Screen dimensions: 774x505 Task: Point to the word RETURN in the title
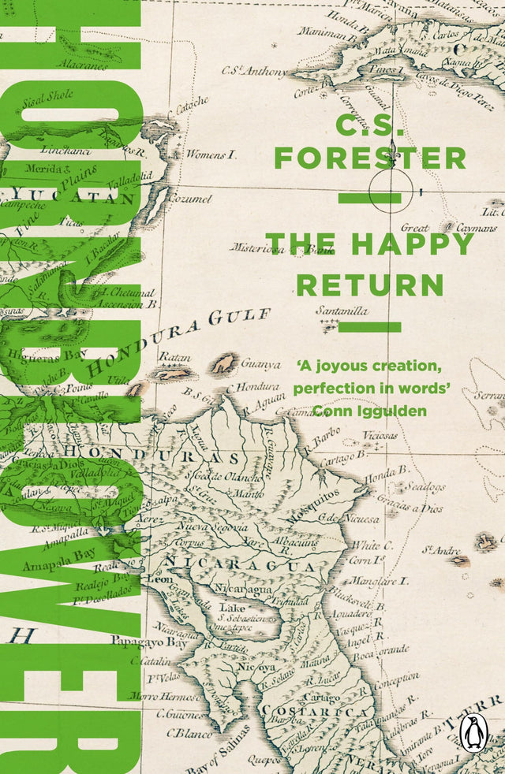[x=369, y=284]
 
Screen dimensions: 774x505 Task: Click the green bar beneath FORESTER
[x=369, y=198]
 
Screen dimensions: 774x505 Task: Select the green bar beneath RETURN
[x=369, y=327]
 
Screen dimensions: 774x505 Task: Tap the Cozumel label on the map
[x=191, y=199]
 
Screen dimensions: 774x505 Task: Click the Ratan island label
[x=175, y=357]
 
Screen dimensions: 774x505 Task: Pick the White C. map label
[x=368, y=545]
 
